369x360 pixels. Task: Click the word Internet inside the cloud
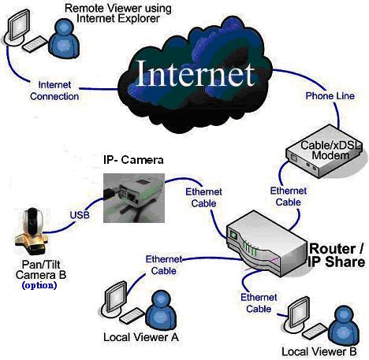coord(196,73)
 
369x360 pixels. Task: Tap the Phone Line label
coord(330,96)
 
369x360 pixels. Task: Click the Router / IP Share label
coord(337,255)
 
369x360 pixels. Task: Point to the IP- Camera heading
coord(133,160)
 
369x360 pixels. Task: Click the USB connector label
coord(80,215)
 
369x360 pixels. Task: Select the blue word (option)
coord(39,285)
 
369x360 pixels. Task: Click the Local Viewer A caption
coord(141,337)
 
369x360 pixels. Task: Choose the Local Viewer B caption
coord(319,351)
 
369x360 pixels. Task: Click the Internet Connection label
coord(54,91)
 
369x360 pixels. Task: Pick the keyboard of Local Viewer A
coord(132,315)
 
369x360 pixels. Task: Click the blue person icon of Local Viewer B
coord(345,326)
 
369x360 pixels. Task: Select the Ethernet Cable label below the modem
coord(289,196)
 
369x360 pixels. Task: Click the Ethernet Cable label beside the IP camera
coord(203,198)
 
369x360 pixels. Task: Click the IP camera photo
coord(134,198)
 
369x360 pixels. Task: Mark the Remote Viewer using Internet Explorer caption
coord(118,13)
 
